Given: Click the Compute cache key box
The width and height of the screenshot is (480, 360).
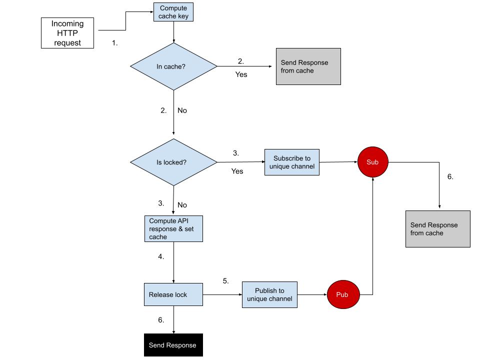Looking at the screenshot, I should click(173, 12).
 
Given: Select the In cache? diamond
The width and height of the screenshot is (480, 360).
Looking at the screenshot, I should click(173, 66).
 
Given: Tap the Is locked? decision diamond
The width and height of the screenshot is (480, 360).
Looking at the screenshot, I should click(173, 162).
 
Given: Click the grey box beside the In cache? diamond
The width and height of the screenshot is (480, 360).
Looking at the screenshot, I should click(308, 66).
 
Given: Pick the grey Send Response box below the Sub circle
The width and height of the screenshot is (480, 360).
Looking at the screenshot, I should click(437, 229).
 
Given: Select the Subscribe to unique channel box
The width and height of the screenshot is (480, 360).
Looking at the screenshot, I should click(292, 162).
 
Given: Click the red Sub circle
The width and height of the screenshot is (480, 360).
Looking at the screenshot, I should click(372, 162).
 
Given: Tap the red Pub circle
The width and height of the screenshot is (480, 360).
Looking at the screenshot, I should click(343, 294).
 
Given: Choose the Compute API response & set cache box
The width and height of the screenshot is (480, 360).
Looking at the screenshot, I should click(173, 229).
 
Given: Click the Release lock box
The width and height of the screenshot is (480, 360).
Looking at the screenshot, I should click(173, 294).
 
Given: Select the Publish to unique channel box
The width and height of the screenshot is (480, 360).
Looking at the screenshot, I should click(269, 294).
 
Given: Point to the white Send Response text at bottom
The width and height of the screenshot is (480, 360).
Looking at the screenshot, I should click(172, 345).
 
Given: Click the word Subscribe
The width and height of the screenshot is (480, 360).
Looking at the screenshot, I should click(288, 158).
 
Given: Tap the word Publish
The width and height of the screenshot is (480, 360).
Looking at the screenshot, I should click(266, 290).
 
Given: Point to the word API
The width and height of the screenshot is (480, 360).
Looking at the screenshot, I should click(183, 221).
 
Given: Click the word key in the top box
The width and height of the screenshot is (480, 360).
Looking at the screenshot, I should click(183, 16).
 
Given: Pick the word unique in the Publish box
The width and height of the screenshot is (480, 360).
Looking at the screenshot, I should click(257, 299).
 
